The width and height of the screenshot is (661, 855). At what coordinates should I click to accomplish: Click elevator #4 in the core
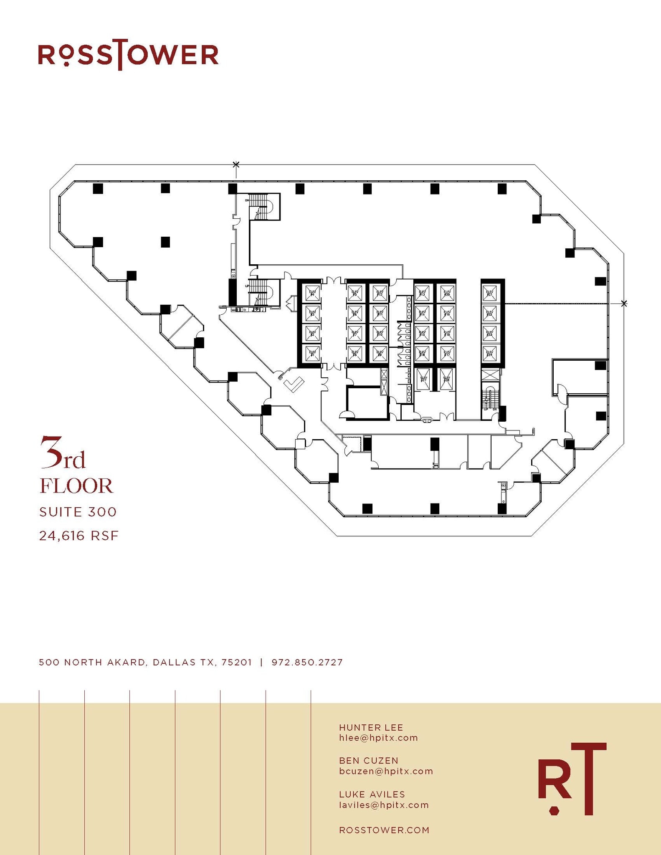point(312,293)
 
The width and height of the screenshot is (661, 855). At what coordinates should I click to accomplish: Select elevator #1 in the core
point(312,353)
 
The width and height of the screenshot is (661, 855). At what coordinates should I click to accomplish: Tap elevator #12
point(380,293)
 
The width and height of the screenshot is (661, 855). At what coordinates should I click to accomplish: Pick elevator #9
point(380,353)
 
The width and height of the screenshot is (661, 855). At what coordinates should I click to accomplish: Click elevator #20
point(447,293)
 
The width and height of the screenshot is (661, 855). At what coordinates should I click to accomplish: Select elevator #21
point(490,293)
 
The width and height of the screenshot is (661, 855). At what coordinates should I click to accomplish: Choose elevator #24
point(490,353)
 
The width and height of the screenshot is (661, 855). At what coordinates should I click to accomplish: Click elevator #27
point(423,379)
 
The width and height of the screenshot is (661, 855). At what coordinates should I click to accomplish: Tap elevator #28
point(446,379)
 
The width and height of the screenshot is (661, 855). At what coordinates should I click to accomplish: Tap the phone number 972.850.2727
point(307,663)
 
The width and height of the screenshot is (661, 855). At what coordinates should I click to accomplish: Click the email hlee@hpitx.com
point(378,738)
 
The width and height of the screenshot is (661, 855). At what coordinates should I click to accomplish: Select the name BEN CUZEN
point(368,761)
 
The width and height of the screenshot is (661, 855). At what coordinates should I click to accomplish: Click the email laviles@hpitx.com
point(384,805)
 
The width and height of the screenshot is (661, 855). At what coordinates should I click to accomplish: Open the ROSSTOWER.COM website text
point(384,830)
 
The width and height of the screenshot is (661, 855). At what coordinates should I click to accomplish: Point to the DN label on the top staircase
point(247,200)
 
